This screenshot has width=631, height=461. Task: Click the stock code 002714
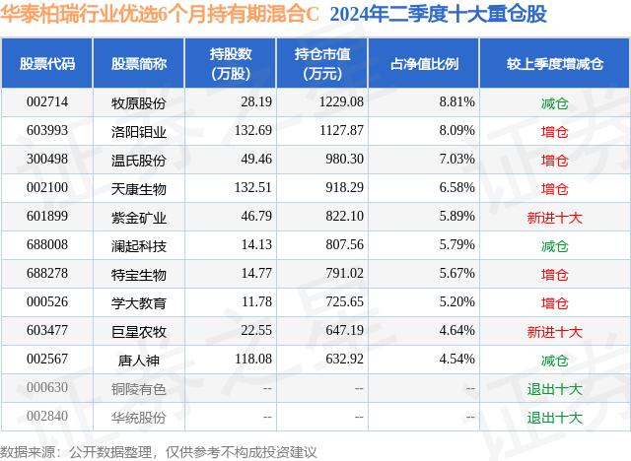[x=47, y=102]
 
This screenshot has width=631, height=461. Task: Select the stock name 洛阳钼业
[x=139, y=131]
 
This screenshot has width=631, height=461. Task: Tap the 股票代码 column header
[x=47, y=64]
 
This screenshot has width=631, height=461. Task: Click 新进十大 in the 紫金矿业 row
[x=555, y=217]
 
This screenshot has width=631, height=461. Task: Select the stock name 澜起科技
[x=139, y=245]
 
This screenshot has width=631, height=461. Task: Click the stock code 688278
[x=47, y=274]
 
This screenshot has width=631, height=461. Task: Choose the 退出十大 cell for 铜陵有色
[x=555, y=388]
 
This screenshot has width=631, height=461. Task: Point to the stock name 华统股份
[x=139, y=417]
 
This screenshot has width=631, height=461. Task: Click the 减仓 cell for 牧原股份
[x=555, y=102]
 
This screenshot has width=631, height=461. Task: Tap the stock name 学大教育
[x=139, y=302]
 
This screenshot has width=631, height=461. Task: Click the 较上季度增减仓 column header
[x=555, y=64]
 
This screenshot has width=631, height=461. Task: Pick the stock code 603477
[x=47, y=331]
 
